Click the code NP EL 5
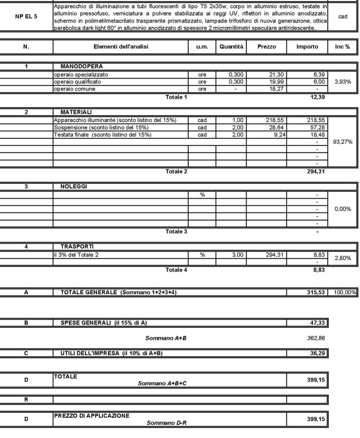click(26, 16)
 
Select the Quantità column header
click(231, 47)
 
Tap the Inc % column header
click(343, 47)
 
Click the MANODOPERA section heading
click(78, 66)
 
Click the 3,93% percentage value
click(343, 81)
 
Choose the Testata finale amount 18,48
click(310, 134)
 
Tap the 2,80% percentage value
click(343, 257)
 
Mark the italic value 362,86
click(316, 338)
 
